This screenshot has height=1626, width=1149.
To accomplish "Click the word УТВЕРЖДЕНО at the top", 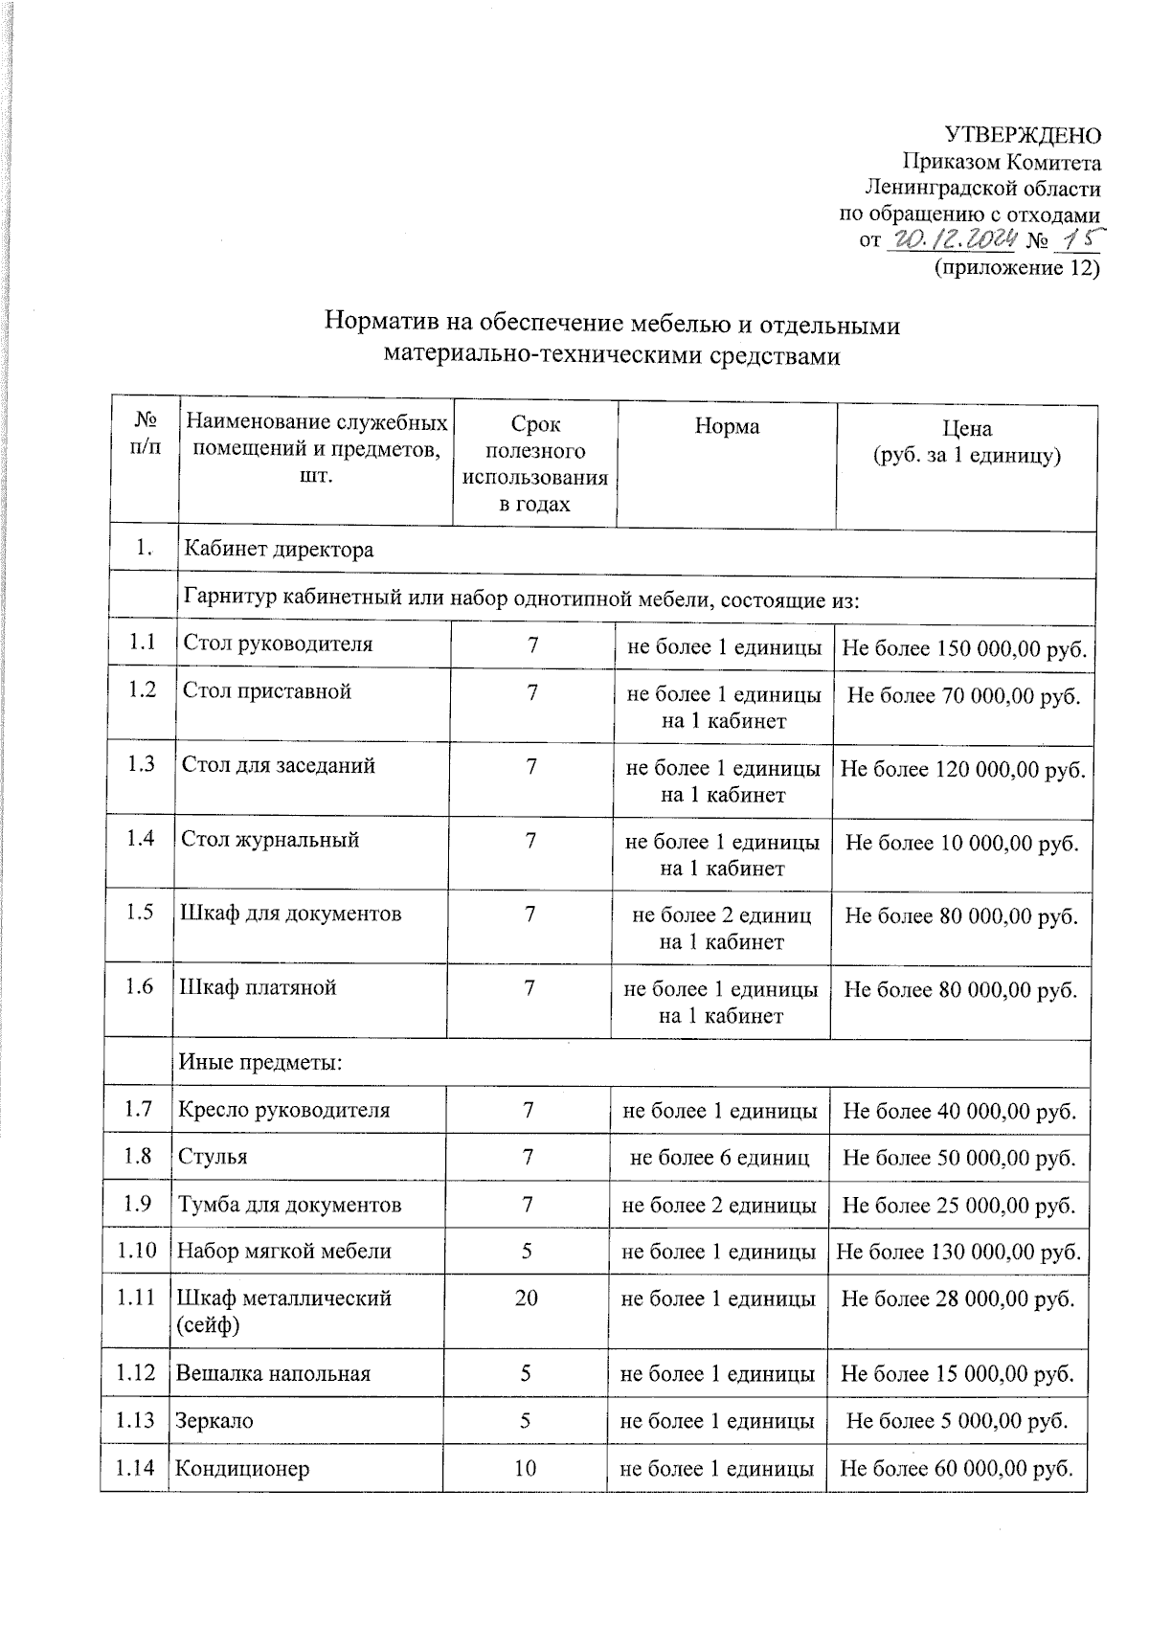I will (x=1023, y=134).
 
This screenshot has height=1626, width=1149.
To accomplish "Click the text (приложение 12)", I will (x=1017, y=267).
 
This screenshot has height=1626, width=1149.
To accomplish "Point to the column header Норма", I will (x=727, y=426).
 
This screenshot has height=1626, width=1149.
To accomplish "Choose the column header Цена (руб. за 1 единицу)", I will (x=966, y=441).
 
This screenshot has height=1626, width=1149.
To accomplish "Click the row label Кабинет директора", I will (x=279, y=550).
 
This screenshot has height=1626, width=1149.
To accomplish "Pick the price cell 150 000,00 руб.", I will (x=963, y=648).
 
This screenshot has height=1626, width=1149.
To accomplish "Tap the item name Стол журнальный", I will (x=271, y=840).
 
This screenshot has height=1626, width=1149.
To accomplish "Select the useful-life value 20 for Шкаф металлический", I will (x=526, y=1298).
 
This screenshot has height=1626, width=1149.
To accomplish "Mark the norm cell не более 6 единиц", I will (x=719, y=1158).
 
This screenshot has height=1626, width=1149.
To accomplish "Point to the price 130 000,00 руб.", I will (x=957, y=1251).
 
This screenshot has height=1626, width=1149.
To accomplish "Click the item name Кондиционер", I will (x=242, y=1468).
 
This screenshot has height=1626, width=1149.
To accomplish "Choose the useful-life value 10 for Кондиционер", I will (x=525, y=1467).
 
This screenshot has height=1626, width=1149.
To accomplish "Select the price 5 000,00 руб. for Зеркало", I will (x=957, y=1420).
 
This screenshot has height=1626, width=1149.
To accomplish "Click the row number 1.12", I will (x=136, y=1372).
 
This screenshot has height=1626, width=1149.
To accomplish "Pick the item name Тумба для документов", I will (x=289, y=1204).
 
